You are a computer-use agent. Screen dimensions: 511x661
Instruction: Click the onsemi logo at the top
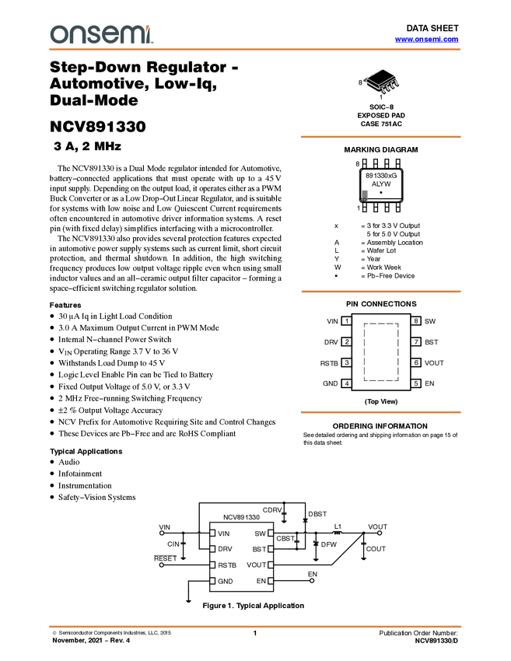coord(101,34)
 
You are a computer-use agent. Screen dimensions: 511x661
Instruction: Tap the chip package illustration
coord(383,82)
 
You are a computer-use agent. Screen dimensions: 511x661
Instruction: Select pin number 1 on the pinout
coord(347,320)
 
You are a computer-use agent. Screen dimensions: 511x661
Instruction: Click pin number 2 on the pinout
coord(347,341)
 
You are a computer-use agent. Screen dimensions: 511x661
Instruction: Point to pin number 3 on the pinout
coord(347,362)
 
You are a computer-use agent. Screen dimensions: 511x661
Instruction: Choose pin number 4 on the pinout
coord(347,383)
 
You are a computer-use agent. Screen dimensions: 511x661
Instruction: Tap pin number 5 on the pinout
coord(416,383)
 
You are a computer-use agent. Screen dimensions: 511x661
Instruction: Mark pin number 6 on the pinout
coord(416,362)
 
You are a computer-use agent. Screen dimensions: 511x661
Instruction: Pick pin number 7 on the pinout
coord(416,341)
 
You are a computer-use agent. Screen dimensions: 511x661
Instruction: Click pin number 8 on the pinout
coord(416,320)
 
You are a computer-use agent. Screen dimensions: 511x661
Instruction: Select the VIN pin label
coord(224,533)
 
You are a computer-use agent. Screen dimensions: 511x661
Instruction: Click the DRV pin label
coord(225,549)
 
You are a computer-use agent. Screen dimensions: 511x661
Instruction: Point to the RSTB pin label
coord(226,565)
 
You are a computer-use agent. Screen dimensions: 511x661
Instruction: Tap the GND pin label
coord(225,581)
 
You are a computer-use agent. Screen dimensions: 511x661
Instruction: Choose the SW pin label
coord(260,533)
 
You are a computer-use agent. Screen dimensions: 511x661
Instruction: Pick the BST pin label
coord(259,549)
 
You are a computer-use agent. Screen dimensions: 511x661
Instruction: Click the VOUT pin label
coord(256,565)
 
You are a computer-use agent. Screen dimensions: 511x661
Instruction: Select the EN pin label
coord(261,581)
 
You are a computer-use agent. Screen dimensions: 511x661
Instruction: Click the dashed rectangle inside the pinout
coord(381,324)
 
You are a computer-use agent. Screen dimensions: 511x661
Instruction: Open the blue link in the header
coord(426,40)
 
